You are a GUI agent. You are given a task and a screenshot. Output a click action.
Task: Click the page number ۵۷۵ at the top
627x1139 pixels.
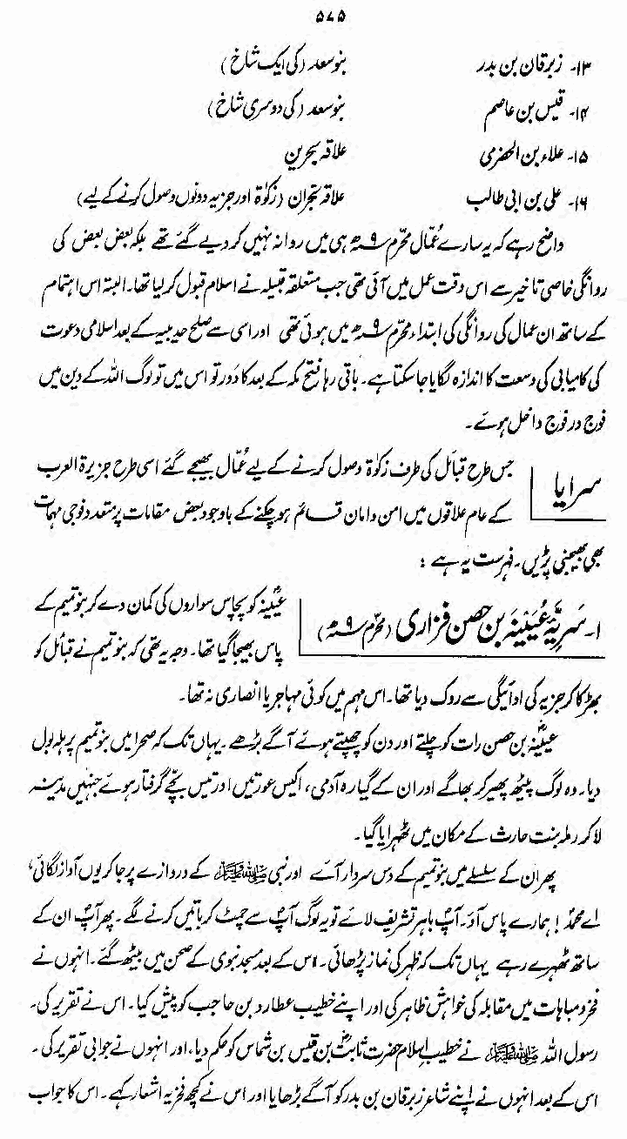[x=313, y=13]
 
